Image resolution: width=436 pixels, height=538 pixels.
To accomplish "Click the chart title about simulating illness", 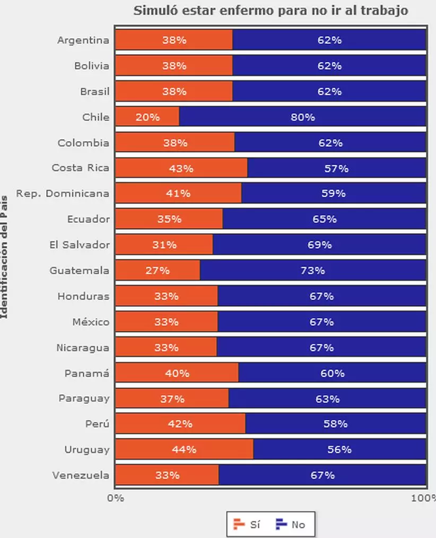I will [271, 11].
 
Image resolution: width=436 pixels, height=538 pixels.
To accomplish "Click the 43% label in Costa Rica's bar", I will [181, 168].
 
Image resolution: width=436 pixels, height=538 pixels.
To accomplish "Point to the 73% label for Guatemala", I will [313, 271].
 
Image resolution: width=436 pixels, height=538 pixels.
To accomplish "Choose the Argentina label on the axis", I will [83, 40].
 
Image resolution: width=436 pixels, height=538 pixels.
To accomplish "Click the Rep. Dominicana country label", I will [63, 193].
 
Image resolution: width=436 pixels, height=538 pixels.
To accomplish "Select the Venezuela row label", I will [81, 475].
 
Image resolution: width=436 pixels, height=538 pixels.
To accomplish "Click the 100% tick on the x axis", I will [425, 498].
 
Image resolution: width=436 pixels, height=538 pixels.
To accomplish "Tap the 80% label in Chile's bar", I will [303, 117].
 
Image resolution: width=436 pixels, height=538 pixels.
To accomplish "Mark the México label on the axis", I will [91, 322].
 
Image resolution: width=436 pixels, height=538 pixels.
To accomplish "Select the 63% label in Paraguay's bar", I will [327, 398].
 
